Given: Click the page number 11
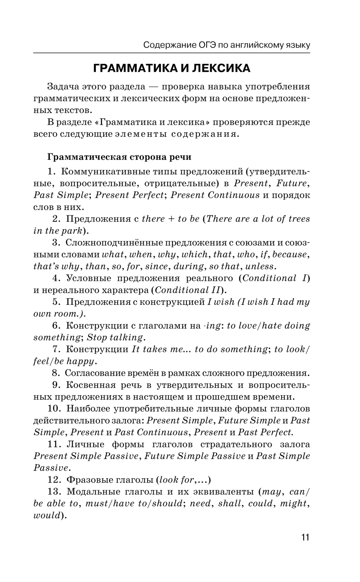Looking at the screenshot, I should [x=305, y=537].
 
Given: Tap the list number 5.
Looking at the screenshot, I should [x=56, y=302].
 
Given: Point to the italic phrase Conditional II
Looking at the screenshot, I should [x=187, y=290].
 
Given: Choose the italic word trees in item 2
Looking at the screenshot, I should [x=299, y=219].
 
